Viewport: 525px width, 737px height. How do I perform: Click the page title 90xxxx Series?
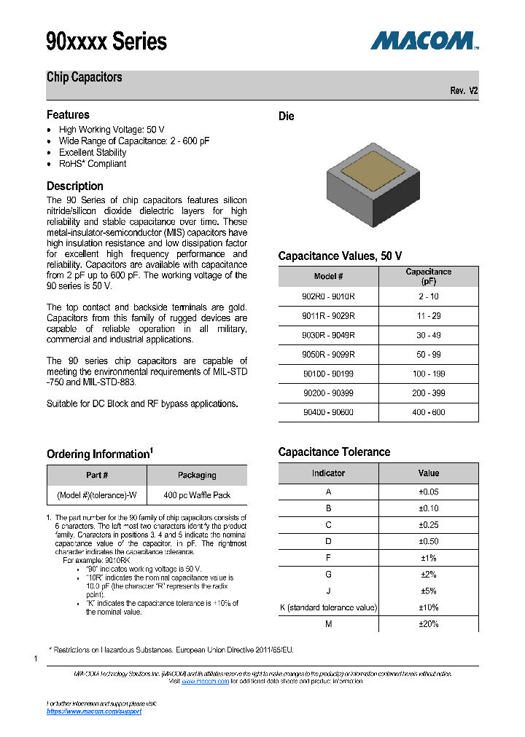coord(106,42)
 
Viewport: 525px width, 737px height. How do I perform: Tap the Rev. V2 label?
coord(464,91)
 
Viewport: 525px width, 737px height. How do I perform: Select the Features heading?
coord(68,115)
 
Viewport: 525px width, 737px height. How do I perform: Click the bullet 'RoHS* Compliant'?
coord(93,164)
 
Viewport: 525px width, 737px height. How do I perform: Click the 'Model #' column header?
coord(328,277)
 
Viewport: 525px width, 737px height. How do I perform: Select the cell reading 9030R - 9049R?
coord(328,335)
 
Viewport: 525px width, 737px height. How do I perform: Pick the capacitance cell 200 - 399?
coord(429,393)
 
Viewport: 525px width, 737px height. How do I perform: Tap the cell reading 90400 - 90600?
coord(328,412)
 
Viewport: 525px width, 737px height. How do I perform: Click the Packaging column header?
coord(197,476)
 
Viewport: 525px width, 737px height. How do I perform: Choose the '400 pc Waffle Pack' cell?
coord(197,495)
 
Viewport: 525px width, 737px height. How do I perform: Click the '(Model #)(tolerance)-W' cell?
coord(97,495)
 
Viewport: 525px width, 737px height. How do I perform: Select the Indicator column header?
coord(328,473)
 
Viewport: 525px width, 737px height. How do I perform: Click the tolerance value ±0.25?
coord(429,525)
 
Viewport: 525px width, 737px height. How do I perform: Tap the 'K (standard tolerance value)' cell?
coord(328,607)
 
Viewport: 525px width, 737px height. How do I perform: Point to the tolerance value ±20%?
coord(429,624)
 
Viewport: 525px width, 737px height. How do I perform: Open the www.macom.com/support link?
coord(94,712)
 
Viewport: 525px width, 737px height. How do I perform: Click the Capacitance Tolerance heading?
coord(334,452)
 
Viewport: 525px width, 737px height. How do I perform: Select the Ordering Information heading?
coord(99,454)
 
